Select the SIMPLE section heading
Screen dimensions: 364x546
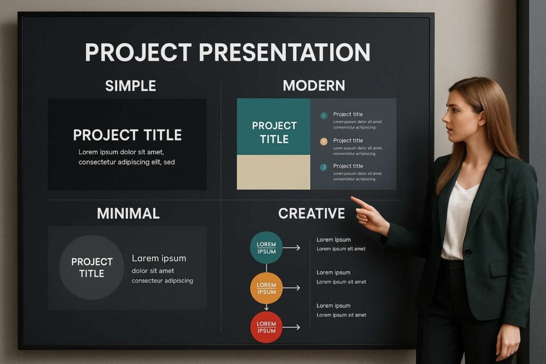(x=131, y=86)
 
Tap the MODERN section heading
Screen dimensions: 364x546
(x=314, y=85)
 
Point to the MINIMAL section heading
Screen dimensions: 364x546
(x=128, y=214)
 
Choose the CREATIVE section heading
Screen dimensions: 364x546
(x=311, y=214)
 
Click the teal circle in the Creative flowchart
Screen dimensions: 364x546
(x=266, y=248)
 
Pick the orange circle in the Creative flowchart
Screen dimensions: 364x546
(x=266, y=288)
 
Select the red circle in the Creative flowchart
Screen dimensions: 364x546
(x=266, y=327)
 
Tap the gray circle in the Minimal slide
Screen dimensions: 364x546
(x=92, y=268)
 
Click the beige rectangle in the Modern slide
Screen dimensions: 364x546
(x=274, y=172)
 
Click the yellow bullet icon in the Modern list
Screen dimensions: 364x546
(x=323, y=141)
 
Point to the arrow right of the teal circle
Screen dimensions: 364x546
(x=291, y=248)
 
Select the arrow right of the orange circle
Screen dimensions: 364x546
(x=291, y=288)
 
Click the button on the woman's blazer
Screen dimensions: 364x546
(x=467, y=252)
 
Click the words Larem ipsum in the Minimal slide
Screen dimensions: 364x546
(x=159, y=258)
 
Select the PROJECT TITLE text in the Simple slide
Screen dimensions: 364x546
(x=127, y=135)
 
